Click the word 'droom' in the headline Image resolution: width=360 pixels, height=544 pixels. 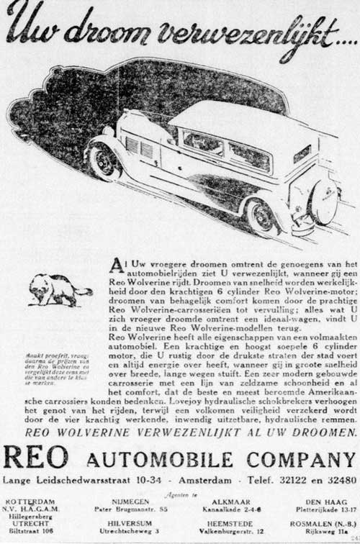[105, 30]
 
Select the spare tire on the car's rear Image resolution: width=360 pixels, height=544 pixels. [323, 202]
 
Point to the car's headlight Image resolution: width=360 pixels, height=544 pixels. [108, 132]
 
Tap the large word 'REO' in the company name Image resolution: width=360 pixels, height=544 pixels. [37, 458]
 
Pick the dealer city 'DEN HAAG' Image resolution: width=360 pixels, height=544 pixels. [321, 500]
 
